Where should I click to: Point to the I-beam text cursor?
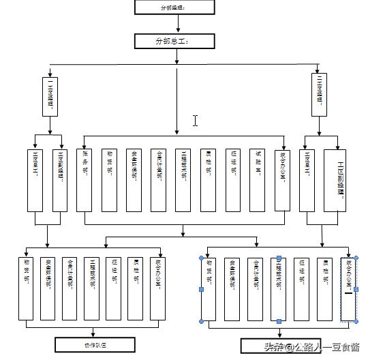196,121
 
